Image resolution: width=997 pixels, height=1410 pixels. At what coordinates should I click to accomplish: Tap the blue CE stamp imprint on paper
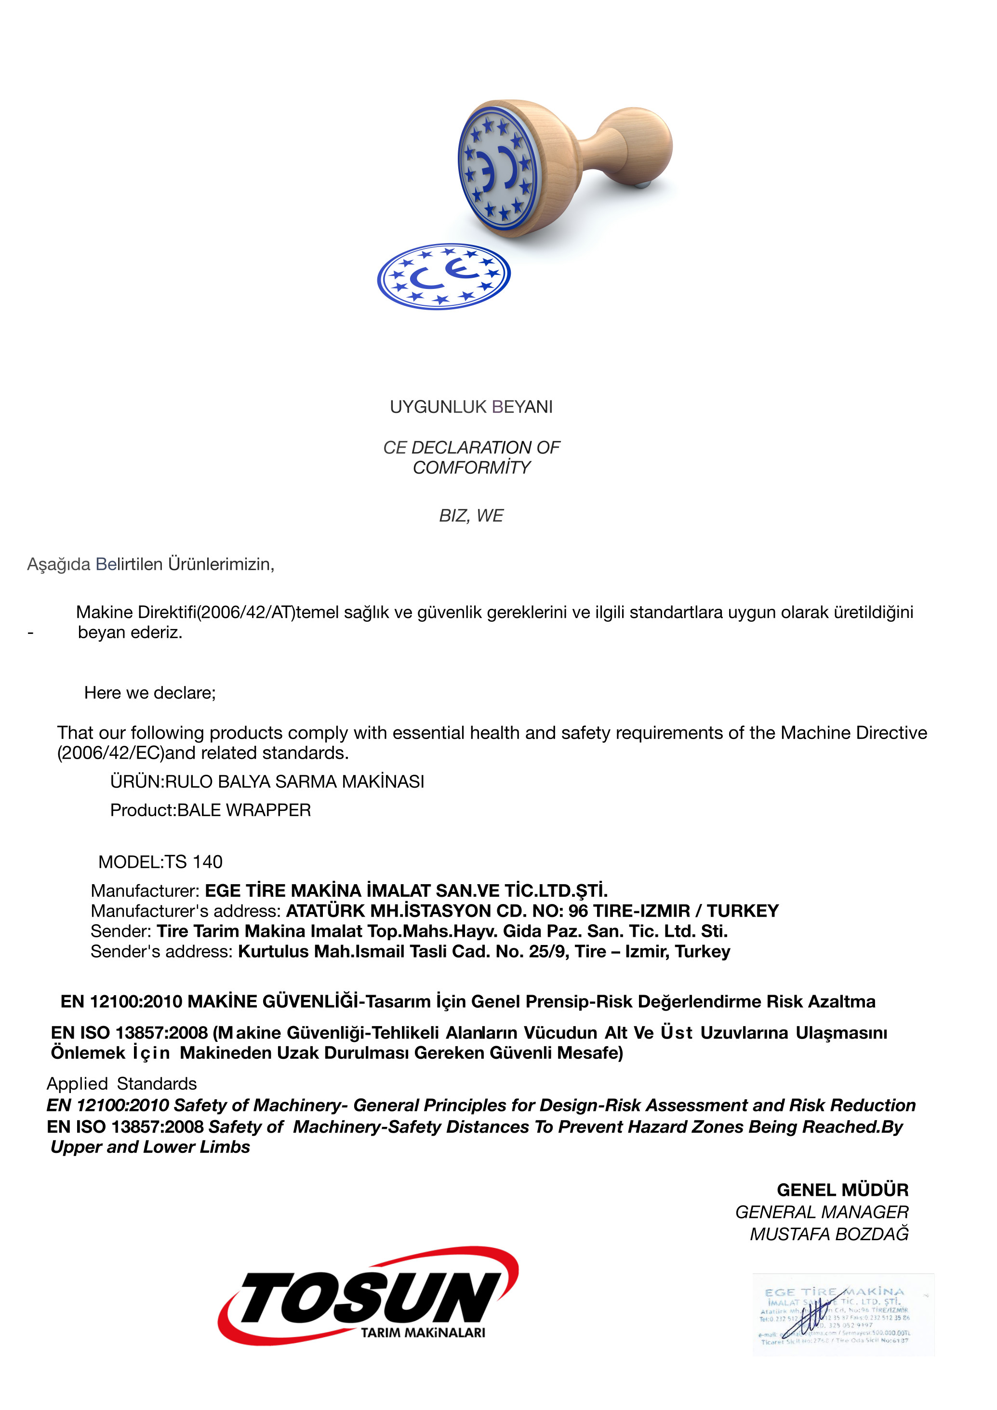(444, 276)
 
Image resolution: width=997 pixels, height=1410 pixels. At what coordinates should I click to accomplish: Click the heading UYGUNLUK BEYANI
(471, 407)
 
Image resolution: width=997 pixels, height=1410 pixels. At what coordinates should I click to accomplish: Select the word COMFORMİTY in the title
(471, 467)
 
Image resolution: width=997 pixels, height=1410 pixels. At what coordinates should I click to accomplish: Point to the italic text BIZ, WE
(471, 516)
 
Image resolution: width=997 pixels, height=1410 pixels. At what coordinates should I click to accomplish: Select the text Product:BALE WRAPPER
(210, 810)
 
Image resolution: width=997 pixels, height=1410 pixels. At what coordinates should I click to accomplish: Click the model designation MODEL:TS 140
(160, 862)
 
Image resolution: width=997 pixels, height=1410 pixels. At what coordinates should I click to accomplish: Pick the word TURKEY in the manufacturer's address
(743, 911)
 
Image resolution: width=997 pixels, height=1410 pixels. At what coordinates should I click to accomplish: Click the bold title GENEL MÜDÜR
(842, 1190)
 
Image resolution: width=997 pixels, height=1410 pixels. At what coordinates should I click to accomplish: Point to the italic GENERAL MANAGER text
(822, 1212)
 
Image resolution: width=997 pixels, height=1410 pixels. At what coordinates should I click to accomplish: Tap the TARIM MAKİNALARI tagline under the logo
(423, 1332)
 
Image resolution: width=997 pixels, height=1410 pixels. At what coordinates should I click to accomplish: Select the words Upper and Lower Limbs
(150, 1147)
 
